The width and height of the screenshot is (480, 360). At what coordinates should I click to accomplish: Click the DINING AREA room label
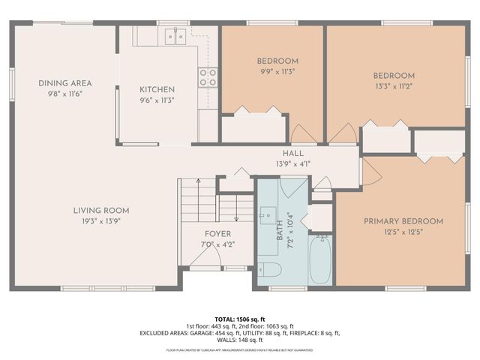(65, 83)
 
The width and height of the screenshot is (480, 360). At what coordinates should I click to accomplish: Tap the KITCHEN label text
(157, 89)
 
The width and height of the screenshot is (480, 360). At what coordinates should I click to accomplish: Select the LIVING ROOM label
(101, 210)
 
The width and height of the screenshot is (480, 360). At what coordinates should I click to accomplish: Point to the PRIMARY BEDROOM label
(403, 221)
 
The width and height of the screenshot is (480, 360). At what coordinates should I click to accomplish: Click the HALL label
(283, 152)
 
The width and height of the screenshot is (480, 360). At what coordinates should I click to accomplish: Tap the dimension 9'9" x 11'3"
(277, 73)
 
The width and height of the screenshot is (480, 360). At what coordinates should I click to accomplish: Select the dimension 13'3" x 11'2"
(394, 86)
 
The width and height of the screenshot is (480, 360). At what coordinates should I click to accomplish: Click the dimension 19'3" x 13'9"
(101, 221)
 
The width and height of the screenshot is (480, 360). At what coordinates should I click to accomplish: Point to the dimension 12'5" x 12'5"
(403, 232)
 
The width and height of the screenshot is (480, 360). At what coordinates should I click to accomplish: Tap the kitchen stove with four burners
(208, 76)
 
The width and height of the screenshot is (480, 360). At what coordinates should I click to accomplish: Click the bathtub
(320, 259)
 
